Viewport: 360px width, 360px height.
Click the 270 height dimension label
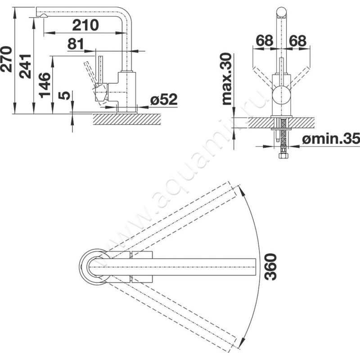point(6,59)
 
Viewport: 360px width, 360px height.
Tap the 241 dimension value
point(25,67)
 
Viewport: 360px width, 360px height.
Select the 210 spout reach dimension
point(85,25)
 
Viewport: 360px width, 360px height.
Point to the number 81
point(76,44)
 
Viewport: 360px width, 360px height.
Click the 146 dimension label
point(45,85)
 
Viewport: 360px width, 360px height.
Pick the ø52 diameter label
point(164,99)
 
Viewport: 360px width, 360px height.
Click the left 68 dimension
point(265,40)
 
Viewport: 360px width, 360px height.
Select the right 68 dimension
point(297,40)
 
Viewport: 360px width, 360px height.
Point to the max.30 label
point(227,79)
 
